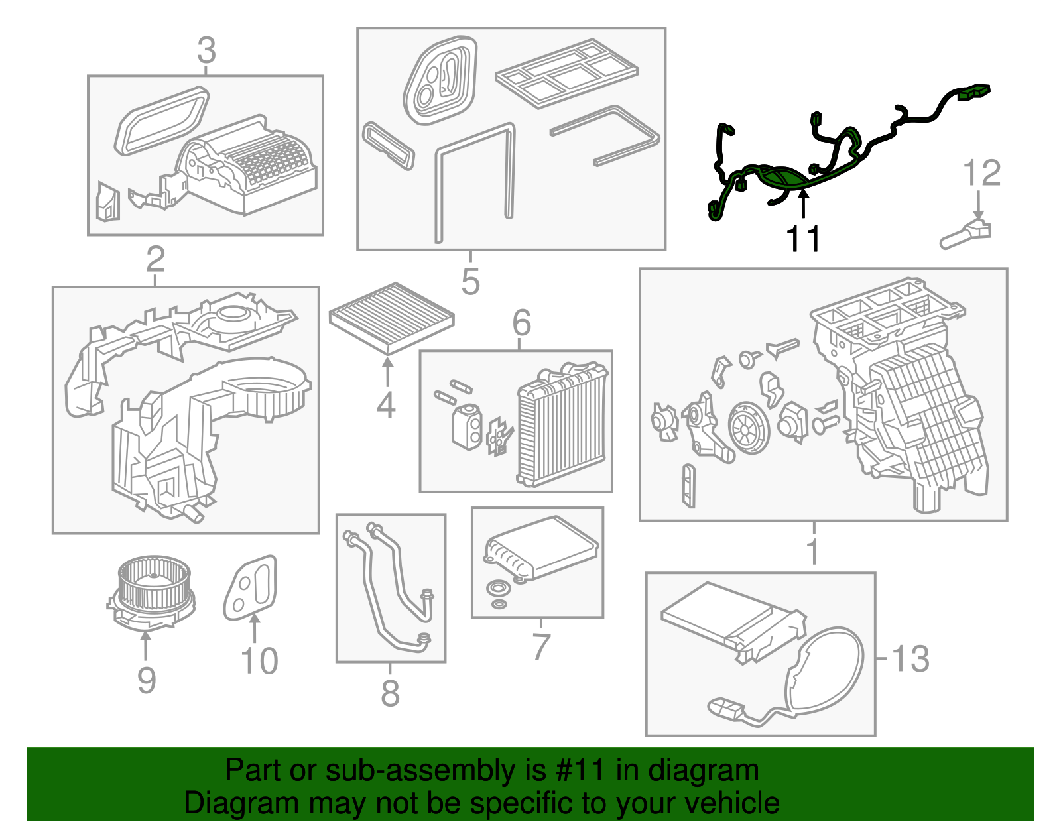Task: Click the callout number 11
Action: point(803,239)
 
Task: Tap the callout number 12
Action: point(981,174)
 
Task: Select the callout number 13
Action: point(910,659)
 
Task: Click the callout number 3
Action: point(206,50)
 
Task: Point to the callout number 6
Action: point(521,324)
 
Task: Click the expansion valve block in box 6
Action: point(466,427)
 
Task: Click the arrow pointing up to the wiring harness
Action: point(803,203)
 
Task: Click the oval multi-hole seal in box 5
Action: point(440,81)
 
